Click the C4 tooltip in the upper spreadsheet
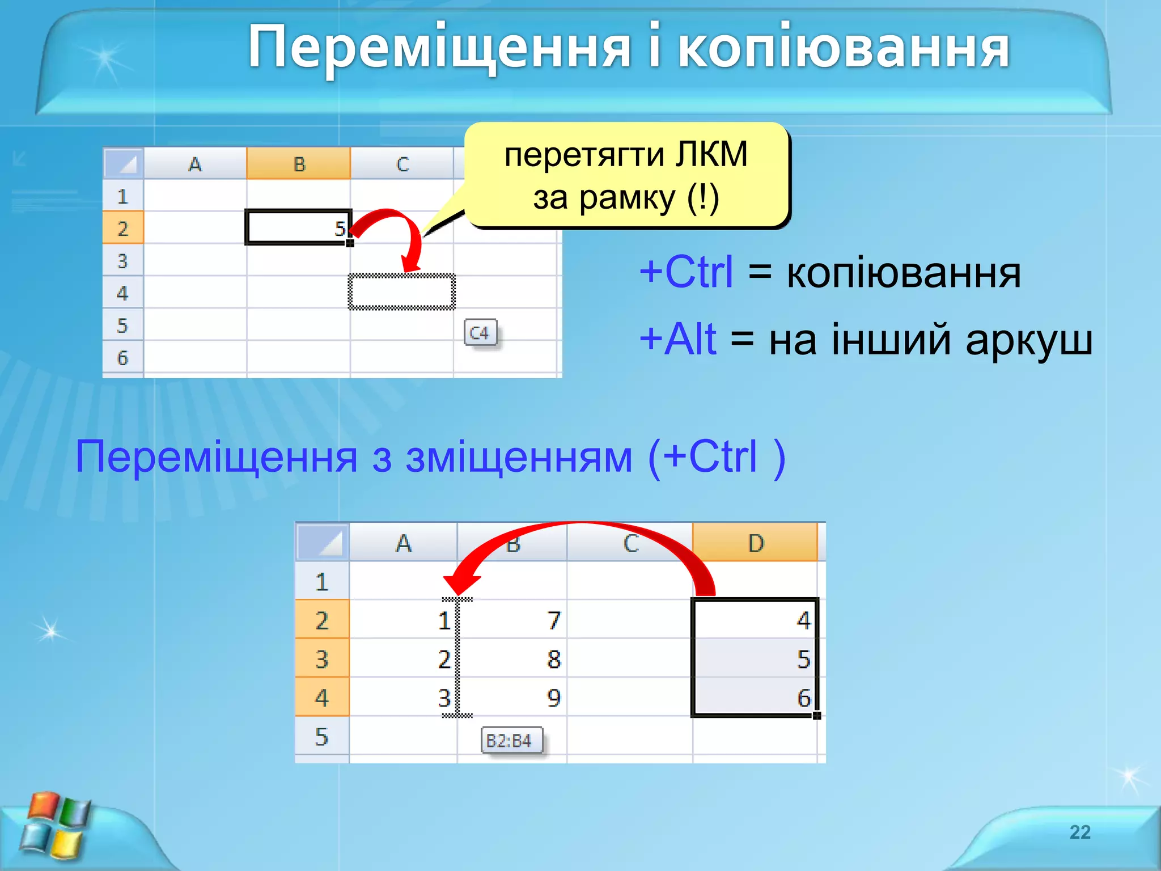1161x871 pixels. point(480,333)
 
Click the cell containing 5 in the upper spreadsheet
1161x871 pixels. point(299,228)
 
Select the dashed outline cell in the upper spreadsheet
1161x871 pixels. point(401,292)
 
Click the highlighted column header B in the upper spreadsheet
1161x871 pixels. point(299,164)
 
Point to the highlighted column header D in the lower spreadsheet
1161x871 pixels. point(755,543)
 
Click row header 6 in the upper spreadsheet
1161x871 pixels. point(122,358)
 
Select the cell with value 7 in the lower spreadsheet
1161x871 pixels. point(512,620)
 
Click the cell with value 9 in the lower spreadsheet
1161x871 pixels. point(512,697)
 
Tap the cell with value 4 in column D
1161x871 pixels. point(755,620)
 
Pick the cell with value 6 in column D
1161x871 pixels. point(755,697)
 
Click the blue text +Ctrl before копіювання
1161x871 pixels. point(686,273)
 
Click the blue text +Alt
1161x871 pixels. point(677,340)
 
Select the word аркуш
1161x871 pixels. point(1028,341)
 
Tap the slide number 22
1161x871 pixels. point(1079,832)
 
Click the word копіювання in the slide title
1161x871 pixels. point(843,48)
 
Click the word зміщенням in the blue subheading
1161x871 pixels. point(519,457)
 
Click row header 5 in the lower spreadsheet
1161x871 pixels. point(321,737)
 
